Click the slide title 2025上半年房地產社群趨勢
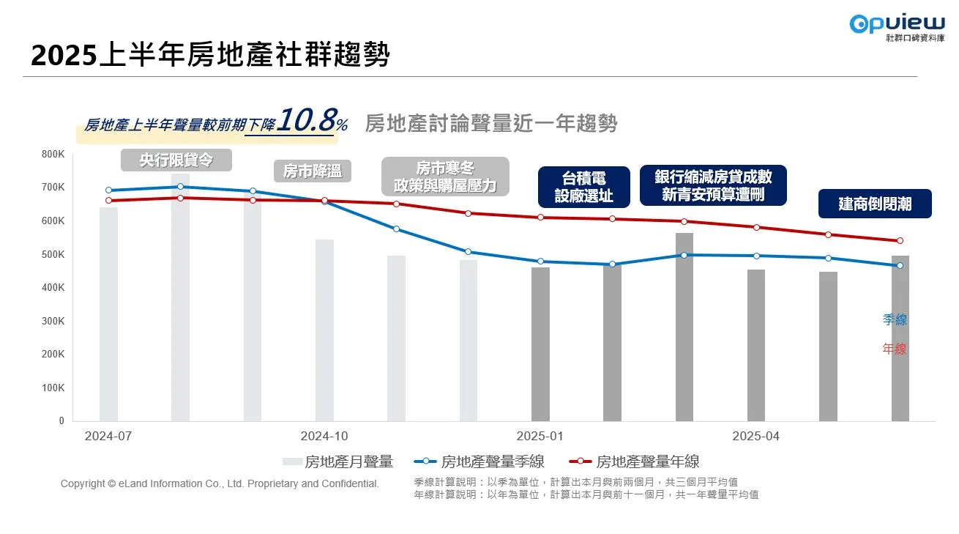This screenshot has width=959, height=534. click(210, 56)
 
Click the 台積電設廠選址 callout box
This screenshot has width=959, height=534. click(583, 187)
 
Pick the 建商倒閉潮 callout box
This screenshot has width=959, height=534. click(875, 204)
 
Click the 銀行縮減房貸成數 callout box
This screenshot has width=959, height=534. click(713, 185)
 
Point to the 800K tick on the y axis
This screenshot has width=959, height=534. click(53, 154)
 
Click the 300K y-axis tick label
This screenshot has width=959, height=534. click(53, 321)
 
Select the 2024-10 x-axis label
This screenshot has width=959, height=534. click(324, 436)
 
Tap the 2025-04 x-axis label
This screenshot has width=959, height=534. click(756, 436)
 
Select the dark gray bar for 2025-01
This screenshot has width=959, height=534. click(540, 344)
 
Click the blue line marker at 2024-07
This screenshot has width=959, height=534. click(108, 190)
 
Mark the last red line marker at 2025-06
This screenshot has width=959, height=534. click(900, 240)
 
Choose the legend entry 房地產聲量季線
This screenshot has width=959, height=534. click(479, 461)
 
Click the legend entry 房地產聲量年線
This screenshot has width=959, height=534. click(635, 461)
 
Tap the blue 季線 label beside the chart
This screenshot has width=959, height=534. click(894, 319)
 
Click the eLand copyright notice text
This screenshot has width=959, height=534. click(220, 483)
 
